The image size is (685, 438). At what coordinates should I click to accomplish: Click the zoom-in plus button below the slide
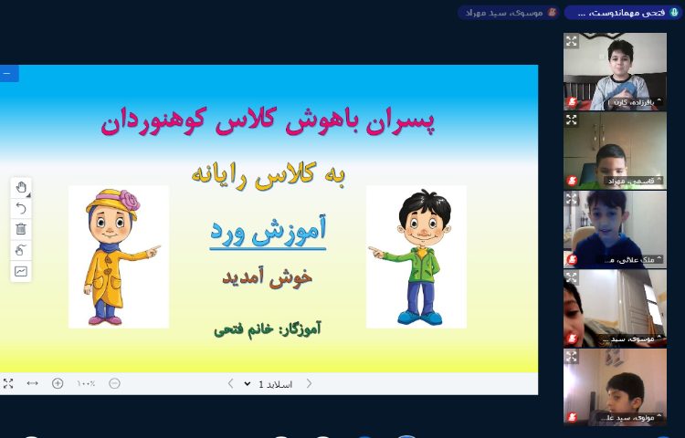coord(58,383)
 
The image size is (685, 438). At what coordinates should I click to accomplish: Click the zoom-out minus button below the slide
coord(114,383)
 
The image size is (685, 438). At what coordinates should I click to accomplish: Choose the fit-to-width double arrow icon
coord(33,383)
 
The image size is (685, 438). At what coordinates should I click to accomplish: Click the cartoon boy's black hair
coord(416,203)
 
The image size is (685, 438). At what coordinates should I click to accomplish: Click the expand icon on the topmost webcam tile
coord(572,40)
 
